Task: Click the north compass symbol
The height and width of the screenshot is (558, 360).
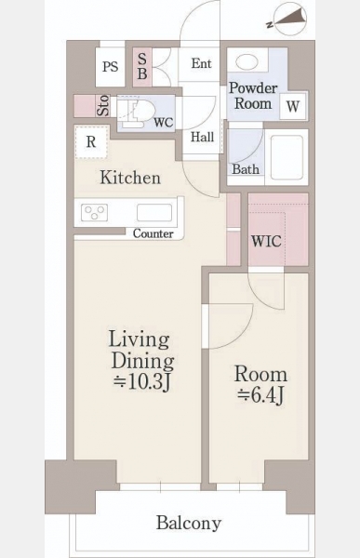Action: point(287,20)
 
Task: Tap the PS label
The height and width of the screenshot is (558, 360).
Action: point(110,67)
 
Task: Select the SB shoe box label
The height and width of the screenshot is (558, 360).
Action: point(142,67)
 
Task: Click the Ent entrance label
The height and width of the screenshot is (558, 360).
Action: point(202,63)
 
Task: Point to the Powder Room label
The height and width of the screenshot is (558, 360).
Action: point(253,96)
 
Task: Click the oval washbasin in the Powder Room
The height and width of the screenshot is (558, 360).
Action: point(247,62)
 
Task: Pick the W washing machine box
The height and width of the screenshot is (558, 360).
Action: point(293,106)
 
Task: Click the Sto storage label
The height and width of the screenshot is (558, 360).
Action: point(103,105)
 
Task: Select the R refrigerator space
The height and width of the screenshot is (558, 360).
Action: point(91,141)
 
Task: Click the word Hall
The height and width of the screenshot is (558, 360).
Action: point(202,137)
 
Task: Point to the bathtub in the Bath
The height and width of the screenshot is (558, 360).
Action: point(287,157)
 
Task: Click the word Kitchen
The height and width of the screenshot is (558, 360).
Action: point(130,178)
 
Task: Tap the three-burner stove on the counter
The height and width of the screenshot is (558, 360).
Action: point(94,212)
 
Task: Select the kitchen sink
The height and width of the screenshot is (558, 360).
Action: point(154,212)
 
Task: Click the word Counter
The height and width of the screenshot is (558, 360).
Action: point(153,233)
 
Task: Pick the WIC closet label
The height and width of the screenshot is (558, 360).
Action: point(266,241)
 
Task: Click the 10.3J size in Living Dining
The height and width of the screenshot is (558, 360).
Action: point(142,381)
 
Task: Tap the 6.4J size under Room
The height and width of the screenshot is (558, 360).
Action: point(261,395)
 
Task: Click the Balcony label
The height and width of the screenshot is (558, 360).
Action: point(189,523)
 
